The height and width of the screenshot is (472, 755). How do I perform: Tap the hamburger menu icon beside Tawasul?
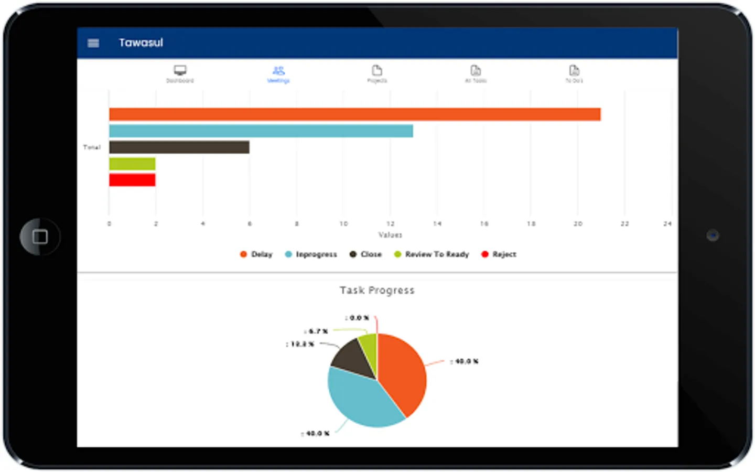click(93, 43)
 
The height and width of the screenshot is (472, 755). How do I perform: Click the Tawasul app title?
click(141, 42)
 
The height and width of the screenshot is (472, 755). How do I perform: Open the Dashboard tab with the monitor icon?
click(180, 73)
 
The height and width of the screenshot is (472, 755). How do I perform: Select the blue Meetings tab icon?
click(278, 73)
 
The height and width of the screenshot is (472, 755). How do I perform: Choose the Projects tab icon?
click(377, 73)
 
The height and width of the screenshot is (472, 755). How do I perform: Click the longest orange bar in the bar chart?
click(354, 114)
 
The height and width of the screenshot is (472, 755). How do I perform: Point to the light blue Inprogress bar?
click(261, 131)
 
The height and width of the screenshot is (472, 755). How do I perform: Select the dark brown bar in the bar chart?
click(179, 147)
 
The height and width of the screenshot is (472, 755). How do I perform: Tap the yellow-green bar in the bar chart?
click(132, 164)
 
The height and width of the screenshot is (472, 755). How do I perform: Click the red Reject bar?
click(132, 180)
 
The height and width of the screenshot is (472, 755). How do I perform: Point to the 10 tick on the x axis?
click(343, 224)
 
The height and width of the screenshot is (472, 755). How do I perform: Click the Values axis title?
click(390, 235)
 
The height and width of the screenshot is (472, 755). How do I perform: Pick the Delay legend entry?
click(256, 254)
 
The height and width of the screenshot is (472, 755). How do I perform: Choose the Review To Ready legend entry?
click(432, 254)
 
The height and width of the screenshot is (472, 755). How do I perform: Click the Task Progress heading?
click(377, 290)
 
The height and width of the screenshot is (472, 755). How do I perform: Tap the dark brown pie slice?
click(354, 359)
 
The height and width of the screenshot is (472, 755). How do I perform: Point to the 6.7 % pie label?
click(317, 331)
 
